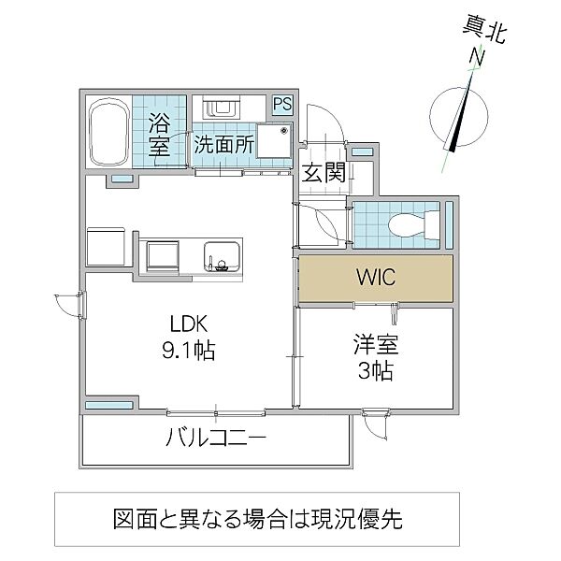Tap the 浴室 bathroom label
tap(159, 135)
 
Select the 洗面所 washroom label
tap(224, 145)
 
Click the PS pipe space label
tap(282, 105)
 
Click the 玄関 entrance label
tap(323, 172)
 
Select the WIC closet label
tap(376, 279)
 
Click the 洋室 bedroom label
tap(376, 344)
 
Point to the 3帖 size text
tap(376, 370)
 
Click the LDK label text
tap(193, 324)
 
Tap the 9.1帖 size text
tap(193, 352)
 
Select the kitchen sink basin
tap(223, 252)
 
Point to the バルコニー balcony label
tap(217, 438)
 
